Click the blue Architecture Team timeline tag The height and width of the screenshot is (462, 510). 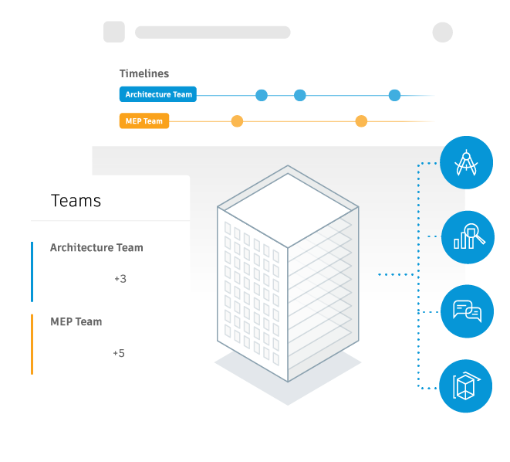157,94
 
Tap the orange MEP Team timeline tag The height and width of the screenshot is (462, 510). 144,121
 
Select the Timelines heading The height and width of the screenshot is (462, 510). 144,73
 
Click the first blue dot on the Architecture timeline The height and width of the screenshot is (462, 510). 262,95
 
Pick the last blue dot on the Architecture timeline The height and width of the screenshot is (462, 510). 394,95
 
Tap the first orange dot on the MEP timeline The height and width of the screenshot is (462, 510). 237,121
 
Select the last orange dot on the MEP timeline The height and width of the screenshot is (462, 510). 361,121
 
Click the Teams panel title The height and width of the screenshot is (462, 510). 76,201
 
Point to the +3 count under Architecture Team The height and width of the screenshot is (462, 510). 120,279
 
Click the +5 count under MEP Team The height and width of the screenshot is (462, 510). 119,353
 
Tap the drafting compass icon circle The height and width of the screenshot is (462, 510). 467,162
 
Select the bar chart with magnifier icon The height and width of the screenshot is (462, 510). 468,237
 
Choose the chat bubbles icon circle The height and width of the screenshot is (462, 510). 467,311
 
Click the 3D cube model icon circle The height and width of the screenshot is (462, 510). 466,386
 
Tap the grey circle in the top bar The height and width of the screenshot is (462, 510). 443,32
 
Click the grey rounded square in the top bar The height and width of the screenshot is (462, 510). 114,32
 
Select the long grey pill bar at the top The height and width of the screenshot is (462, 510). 213,32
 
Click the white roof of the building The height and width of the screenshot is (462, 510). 288,210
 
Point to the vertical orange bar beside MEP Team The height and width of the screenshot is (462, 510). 32,345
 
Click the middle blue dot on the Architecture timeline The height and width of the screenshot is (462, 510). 300,95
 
